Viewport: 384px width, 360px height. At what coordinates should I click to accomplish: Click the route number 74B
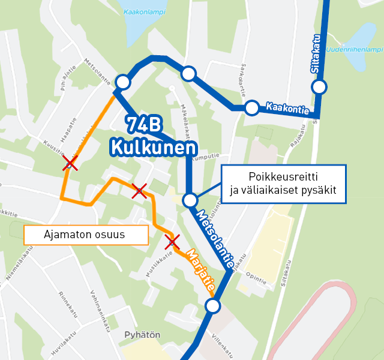click(x=144, y=124)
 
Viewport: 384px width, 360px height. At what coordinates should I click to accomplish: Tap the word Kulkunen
click(x=153, y=148)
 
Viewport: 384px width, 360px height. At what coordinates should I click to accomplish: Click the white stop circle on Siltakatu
click(x=319, y=87)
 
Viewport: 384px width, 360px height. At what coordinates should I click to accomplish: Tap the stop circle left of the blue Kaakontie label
click(x=252, y=108)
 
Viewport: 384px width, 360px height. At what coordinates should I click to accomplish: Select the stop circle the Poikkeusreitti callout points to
click(x=190, y=200)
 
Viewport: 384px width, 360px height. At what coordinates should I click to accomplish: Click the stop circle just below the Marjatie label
click(x=212, y=307)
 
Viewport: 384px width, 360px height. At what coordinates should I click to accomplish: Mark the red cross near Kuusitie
click(x=70, y=163)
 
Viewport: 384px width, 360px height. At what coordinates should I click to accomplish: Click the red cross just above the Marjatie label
click(x=173, y=242)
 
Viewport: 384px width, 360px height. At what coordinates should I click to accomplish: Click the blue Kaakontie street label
click(x=287, y=109)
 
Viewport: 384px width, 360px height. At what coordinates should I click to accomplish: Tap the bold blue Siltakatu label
click(x=316, y=53)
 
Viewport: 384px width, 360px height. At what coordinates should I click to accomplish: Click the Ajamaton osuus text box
click(x=85, y=235)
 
